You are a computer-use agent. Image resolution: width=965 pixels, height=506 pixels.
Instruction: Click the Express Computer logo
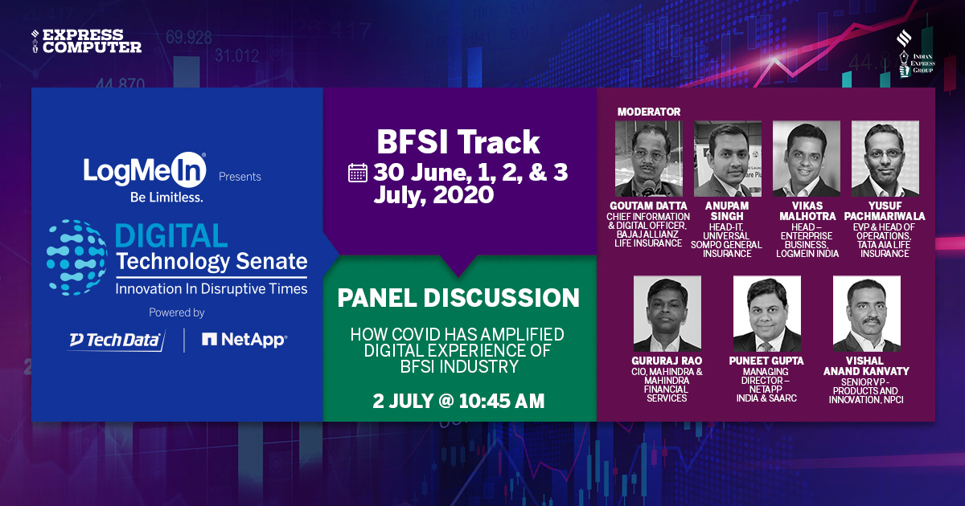pyautogui.click(x=86, y=41)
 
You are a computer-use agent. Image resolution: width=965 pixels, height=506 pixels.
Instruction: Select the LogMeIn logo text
pyautogui.click(x=145, y=169)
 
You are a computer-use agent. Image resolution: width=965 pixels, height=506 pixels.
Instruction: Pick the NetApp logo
pyautogui.click(x=244, y=341)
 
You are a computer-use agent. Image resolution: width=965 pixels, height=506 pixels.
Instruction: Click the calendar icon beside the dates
pyautogui.click(x=358, y=173)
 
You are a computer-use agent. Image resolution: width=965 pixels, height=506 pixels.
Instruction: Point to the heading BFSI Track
pyautogui.click(x=458, y=143)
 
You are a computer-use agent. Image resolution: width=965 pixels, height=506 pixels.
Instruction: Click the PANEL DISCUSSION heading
pyautogui.click(x=458, y=298)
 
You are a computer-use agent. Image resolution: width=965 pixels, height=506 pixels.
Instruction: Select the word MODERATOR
pyautogui.click(x=648, y=112)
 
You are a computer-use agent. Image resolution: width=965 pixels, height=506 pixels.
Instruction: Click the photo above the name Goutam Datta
pyautogui.click(x=648, y=158)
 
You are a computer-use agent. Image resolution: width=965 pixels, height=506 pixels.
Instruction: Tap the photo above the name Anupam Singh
pyautogui.click(x=727, y=158)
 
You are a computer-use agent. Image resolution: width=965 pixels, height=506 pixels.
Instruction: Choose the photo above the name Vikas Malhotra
pyautogui.click(x=806, y=158)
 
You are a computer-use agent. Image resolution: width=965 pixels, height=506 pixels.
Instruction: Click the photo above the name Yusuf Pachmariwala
pyautogui.click(x=885, y=158)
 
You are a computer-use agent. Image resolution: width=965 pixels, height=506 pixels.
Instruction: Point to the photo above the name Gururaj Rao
pyautogui.click(x=667, y=313)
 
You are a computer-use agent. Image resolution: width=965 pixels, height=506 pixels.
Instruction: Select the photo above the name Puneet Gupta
pyautogui.click(x=766, y=313)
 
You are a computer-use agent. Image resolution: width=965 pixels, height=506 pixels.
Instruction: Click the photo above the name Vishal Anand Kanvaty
pyautogui.click(x=866, y=313)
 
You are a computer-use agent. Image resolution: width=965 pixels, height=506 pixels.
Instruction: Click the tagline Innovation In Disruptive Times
pyautogui.click(x=211, y=288)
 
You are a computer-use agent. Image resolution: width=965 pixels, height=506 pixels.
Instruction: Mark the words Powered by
pyautogui.click(x=177, y=312)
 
